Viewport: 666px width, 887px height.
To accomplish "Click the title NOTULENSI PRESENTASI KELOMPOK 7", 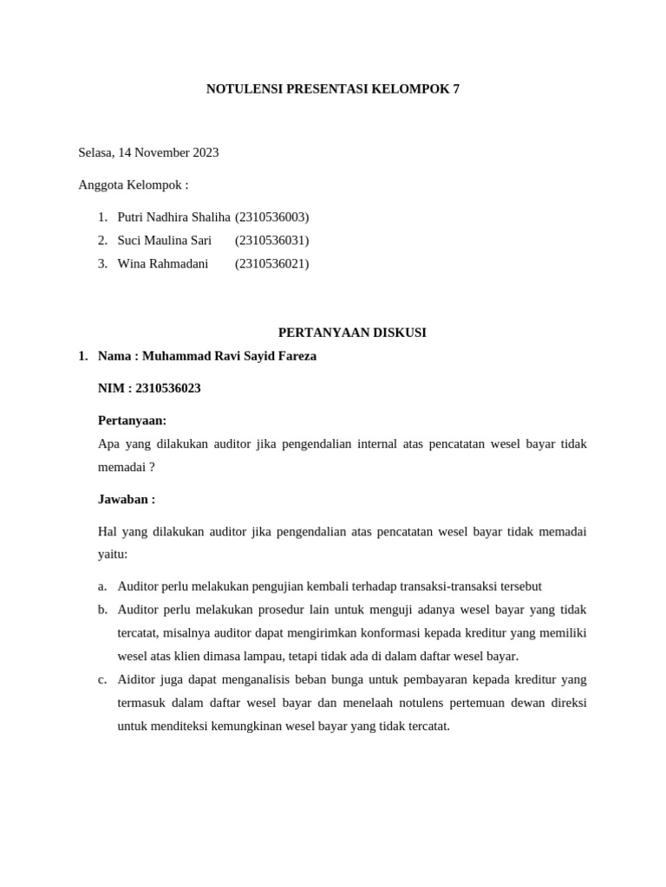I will pyautogui.click(x=333, y=89).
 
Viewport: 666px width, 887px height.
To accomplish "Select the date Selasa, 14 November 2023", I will pyautogui.click(x=148, y=153).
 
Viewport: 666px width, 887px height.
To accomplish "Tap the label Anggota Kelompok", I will pyautogui.click(x=133, y=185).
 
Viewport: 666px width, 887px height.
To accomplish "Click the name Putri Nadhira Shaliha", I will pyautogui.click(x=173, y=217).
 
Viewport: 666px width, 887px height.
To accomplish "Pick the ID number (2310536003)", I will pyautogui.click(x=271, y=217).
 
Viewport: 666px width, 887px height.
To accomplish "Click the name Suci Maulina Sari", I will pyautogui.click(x=164, y=241).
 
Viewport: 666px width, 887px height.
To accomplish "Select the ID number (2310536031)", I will pyautogui.click(x=271, y=241).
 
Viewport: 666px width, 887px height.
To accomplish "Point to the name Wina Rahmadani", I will pyautogui.click(x=162, y=264).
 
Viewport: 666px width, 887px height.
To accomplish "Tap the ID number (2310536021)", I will pyautogui.click(x=271, y=264).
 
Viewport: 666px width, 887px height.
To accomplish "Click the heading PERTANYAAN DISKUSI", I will pyautogui.click(x=352, y=333).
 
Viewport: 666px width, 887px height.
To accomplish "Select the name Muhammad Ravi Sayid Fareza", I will pyautogui.click(x=229, y=356).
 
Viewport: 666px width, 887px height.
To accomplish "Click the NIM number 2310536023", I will pyautogui.click(x=168, y=388).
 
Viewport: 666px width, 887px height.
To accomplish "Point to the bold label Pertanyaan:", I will pyautogui.click(x=132, y=421).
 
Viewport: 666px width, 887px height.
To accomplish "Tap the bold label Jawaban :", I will pyautogui.click(x=127, y=500).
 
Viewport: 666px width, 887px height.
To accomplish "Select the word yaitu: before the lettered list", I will pyautogui.click(x=113, y=554).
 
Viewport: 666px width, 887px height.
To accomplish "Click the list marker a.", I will pyautogui.click(x=102, y=586).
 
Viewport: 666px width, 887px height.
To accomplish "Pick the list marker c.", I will pyautogui.click(x=102, y=680).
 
